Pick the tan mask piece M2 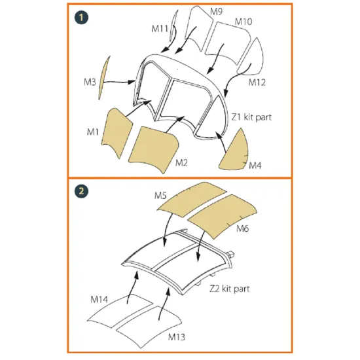154,147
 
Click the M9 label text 217,11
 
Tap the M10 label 243,22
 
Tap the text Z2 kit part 230,288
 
